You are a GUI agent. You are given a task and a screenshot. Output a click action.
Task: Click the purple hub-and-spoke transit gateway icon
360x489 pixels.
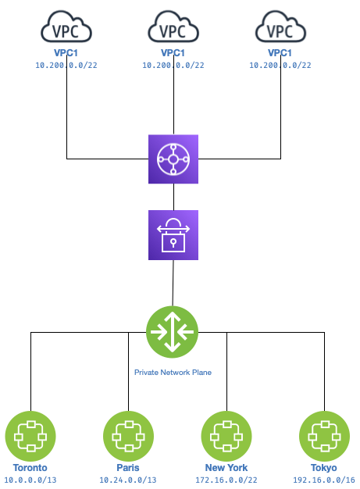(x=173, y=159)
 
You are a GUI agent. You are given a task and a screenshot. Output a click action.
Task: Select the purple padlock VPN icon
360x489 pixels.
(x=173, y=235)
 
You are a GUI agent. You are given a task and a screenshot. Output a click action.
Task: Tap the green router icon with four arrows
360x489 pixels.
(x=172, y=332)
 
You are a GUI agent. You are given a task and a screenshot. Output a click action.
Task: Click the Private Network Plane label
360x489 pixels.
(x=173, y=373)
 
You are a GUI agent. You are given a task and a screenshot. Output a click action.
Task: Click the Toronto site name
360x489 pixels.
(x=30, y=467)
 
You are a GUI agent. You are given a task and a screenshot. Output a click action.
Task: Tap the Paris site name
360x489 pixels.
(x=129, y=467)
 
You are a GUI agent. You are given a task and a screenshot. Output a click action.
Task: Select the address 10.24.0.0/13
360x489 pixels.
(x=129, y=478)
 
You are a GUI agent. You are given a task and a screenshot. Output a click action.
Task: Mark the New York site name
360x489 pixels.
(x=226, y=467)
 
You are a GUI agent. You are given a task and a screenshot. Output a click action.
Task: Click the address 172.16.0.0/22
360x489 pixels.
(x=226, y=478)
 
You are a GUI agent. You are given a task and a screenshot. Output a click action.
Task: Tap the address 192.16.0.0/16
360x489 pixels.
(x=325, y=478)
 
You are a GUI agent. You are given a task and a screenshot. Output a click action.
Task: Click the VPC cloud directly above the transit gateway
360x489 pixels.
(x=173, y=29)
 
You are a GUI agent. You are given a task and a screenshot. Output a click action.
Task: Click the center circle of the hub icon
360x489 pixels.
(x=173, y=159)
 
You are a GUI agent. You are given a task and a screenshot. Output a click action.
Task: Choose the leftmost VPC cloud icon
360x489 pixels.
(x=66, y=29)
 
